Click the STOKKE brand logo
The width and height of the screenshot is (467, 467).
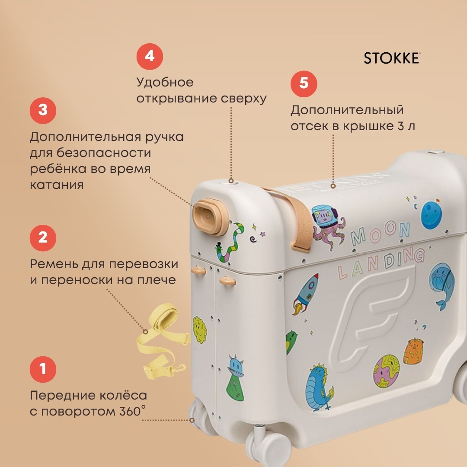392,58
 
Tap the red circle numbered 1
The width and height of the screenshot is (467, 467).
43,369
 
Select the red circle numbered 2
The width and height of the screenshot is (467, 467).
43,238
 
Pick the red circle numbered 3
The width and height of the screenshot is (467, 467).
43,111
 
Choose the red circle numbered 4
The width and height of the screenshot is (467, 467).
150,57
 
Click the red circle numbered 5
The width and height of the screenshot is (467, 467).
304,84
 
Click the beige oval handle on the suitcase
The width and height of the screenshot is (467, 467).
210,217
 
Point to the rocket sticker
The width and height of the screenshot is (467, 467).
306,294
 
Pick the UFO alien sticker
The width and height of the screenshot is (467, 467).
236,377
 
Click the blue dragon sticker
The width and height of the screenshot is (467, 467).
319,387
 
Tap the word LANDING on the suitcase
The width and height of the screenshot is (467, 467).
381,264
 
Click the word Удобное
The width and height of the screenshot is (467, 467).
165,82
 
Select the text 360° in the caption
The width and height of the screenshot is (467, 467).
133,411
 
